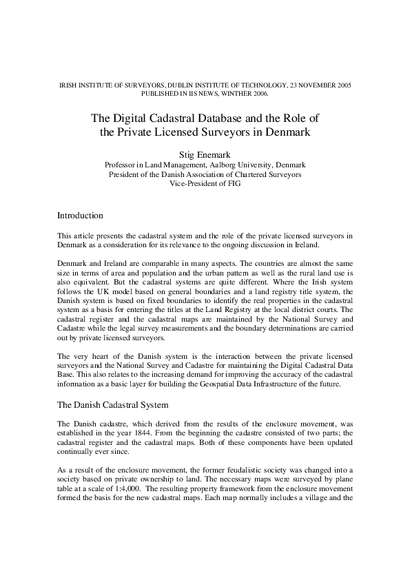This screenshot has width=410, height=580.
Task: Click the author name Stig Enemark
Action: click(x=205, y=154)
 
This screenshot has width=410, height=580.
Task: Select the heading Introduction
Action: click(x=80, y=216)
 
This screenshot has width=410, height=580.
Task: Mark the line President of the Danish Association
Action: click(x=205, y=174)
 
